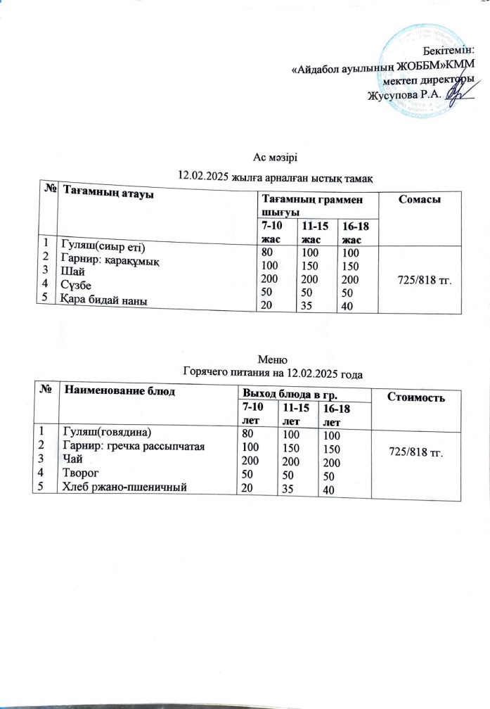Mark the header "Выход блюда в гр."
pos(285,392)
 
